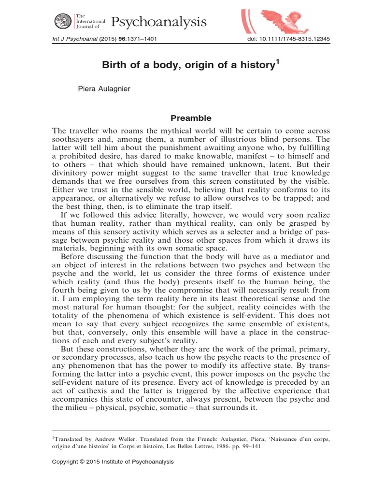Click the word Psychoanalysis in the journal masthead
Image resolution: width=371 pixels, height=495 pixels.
(x=159, y=22)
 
